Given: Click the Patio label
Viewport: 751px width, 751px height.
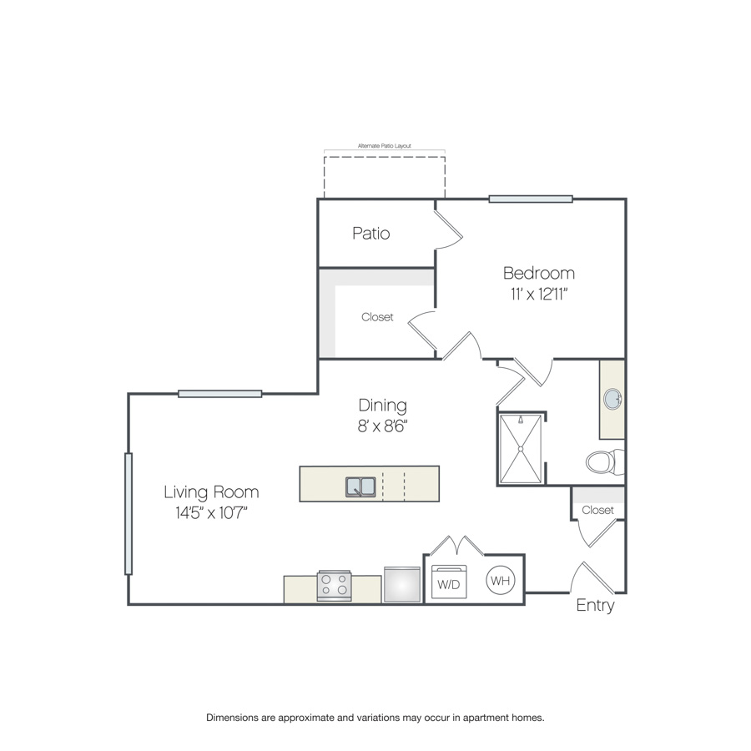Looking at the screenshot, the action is click(371, 234).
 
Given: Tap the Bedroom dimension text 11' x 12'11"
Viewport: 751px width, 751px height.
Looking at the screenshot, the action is click(539, 294).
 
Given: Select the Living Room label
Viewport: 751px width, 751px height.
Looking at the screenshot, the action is click(211, 491).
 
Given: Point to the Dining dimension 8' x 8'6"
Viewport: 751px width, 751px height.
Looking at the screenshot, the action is click(382, 426).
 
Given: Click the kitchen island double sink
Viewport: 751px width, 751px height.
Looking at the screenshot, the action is click(360, 486).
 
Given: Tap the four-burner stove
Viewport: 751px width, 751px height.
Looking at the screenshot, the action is click(334, 585).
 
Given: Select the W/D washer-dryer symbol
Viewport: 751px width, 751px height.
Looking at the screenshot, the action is click(449, 582).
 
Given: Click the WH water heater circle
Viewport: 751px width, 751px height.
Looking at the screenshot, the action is click(500, 581).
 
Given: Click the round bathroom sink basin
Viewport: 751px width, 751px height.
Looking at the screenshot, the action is click(612, 399).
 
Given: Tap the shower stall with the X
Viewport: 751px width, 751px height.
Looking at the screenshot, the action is click(521, 449).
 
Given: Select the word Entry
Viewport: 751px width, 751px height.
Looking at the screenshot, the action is click(595, 606).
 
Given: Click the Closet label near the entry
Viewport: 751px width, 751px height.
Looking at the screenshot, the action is click(597, 510).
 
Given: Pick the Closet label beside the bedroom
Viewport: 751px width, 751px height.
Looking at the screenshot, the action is click(377, 317).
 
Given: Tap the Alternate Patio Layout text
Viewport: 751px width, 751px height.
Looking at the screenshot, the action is click(385, 145).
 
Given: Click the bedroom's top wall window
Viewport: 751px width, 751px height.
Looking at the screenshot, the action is click(531, 199).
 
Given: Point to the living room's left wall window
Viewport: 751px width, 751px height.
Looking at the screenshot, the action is click(129, 513).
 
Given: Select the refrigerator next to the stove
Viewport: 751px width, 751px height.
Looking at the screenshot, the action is click(402, 584).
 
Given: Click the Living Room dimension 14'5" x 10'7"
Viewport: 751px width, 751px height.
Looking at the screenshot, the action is click(211, 513).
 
